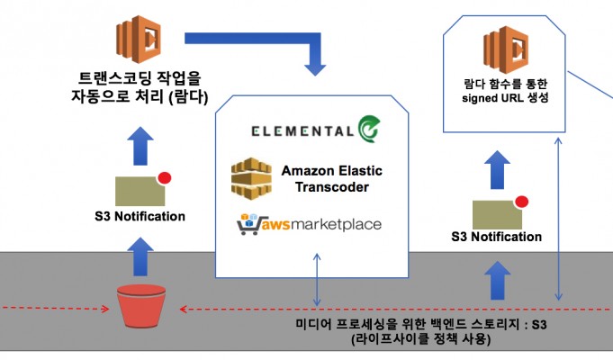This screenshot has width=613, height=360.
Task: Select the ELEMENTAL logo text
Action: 302,130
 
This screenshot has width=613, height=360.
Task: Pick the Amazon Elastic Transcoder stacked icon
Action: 251,177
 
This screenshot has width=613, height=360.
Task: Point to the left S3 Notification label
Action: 140,216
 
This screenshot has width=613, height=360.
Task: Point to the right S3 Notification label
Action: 496,237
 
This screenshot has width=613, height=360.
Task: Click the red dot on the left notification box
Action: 165,177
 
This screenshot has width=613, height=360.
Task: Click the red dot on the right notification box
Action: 521,201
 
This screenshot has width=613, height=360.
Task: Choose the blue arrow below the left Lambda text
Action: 139,144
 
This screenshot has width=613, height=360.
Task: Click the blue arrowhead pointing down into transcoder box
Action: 315,66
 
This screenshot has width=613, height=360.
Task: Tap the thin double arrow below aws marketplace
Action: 316,278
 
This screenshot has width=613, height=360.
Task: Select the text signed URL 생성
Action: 504,98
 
